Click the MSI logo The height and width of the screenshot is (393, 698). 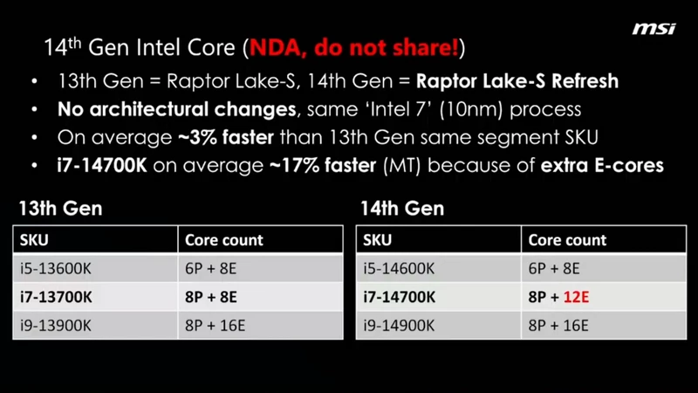click(x=654, y=29)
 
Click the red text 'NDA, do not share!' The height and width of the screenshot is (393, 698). click(x=354, y=47)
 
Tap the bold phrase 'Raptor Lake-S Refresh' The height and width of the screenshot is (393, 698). click(x=517, y=81)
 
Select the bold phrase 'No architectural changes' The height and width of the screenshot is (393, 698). click(x=177, y=109)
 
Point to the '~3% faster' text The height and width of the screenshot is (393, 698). click(x=226, y=137)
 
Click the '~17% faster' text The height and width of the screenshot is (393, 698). click(x=323, y=165)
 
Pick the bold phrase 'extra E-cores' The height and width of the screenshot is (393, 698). click(x=602, y=165)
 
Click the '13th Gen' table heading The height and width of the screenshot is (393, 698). click(x=60, y=208)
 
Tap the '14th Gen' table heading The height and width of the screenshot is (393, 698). click(x=402, y=208)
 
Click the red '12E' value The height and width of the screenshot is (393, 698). click(x=576, y=297)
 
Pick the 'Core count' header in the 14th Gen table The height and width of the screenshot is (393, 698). click(x=567, y=240)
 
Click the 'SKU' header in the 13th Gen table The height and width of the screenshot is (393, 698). click(x=34, y=240)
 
